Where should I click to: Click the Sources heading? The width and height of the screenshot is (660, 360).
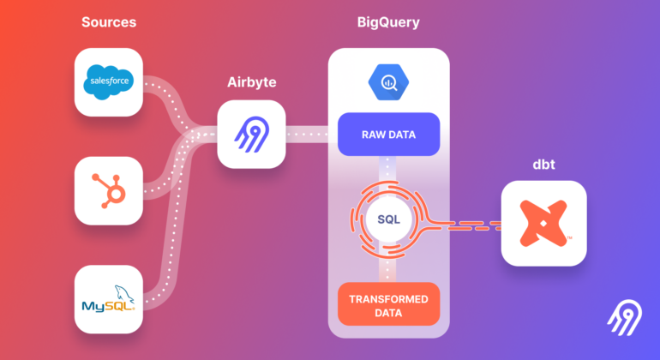109,22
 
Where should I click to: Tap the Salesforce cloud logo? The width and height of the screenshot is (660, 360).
109,82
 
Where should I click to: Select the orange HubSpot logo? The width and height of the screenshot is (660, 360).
109,191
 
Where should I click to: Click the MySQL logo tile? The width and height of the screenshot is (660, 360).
109,299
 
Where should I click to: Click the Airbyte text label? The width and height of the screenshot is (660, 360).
252,82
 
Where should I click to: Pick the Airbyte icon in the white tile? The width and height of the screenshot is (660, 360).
252,135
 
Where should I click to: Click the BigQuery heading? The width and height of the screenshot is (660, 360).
388,22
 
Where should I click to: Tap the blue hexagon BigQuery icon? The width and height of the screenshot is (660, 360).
388,82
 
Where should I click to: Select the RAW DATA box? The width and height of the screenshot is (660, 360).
388,135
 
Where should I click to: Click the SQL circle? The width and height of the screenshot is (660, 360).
388,219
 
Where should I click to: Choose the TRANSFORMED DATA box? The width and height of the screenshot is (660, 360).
388,304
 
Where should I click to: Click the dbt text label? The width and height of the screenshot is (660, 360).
543,165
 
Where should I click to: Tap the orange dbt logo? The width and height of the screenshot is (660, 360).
543,223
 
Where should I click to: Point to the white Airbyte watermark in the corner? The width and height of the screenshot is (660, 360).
625,318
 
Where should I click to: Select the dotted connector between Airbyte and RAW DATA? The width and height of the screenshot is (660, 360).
307,135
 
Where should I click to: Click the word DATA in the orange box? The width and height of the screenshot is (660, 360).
388,313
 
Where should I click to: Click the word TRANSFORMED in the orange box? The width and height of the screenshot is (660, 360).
388,299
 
